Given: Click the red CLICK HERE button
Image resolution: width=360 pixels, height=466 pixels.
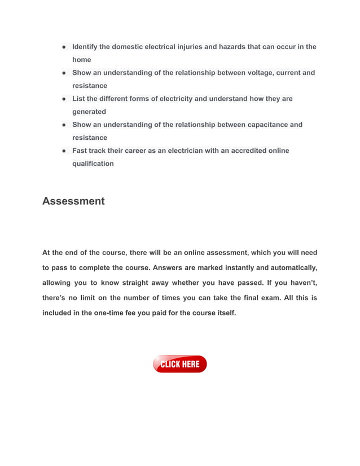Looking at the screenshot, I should click(x=179, y=364).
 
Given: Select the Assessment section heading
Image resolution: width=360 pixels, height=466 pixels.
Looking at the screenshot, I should click(x=73, y=201).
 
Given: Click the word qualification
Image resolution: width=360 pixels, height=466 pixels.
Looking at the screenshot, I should click(x=93, y=164).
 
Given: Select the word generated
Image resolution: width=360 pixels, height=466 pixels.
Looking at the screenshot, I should click(x=89, y=112).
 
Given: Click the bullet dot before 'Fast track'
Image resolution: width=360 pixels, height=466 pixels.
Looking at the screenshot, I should click(x=65, y=151).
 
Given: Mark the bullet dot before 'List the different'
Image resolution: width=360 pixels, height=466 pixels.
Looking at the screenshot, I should click(x=65, y=99).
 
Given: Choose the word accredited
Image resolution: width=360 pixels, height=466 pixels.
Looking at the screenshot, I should click(x=251, y=151).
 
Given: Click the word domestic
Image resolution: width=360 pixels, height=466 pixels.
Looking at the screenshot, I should click(x=125, y=47).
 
